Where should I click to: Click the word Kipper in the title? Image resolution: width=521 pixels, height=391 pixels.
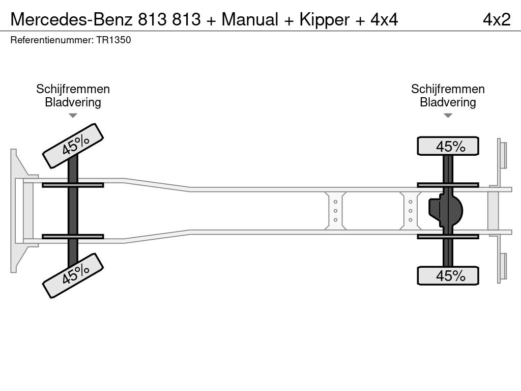pos(324,20)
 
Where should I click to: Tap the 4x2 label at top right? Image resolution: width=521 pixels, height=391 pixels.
pos(497,20)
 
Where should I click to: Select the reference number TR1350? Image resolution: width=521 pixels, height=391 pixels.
pos(113,40)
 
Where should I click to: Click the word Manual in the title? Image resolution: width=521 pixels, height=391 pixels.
pos(250,19)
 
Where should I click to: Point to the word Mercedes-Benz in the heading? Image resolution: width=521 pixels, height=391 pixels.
pos(71,19)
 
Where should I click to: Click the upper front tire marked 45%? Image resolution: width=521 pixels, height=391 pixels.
pos(73,146)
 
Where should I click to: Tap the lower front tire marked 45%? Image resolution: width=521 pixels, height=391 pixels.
pos(73,275)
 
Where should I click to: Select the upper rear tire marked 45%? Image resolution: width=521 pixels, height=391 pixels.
pos(448,146)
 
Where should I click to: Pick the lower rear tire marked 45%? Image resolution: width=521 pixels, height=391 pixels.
pos(448,275)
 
